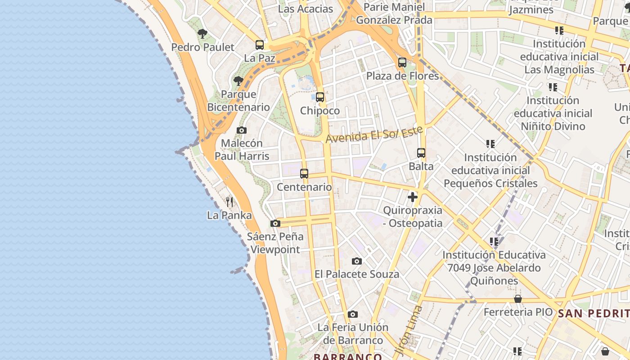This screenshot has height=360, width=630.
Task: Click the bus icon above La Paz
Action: [260, 45]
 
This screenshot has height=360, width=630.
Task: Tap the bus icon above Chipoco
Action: [320, 97]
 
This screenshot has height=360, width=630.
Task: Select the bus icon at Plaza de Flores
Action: [402, 63]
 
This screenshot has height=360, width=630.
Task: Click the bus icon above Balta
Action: [421, 153]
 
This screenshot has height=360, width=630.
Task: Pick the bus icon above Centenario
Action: [304, 174]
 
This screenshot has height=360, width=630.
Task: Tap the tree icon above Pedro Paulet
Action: [202, 34]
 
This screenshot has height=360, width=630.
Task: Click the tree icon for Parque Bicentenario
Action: [238, 81]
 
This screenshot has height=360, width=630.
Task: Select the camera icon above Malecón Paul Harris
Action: [242, 130]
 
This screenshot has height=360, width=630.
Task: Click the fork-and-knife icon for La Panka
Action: [229, 202]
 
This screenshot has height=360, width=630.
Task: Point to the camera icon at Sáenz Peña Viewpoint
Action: [275, 223]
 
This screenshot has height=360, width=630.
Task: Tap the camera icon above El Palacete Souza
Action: [357, 261]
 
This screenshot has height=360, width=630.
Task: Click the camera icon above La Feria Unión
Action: [353, 314]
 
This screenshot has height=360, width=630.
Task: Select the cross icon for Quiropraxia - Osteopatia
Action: [413, 197]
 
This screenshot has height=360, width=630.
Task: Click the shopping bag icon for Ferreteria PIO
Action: [518, 299]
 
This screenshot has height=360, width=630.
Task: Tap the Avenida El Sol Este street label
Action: [374, 135]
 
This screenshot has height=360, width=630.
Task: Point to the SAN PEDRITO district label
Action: [593, 314]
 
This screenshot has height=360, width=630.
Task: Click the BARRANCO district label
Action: [348, 357]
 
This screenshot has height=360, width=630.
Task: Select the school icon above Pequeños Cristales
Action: [490, 144]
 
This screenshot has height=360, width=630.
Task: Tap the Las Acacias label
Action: [306, 9]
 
